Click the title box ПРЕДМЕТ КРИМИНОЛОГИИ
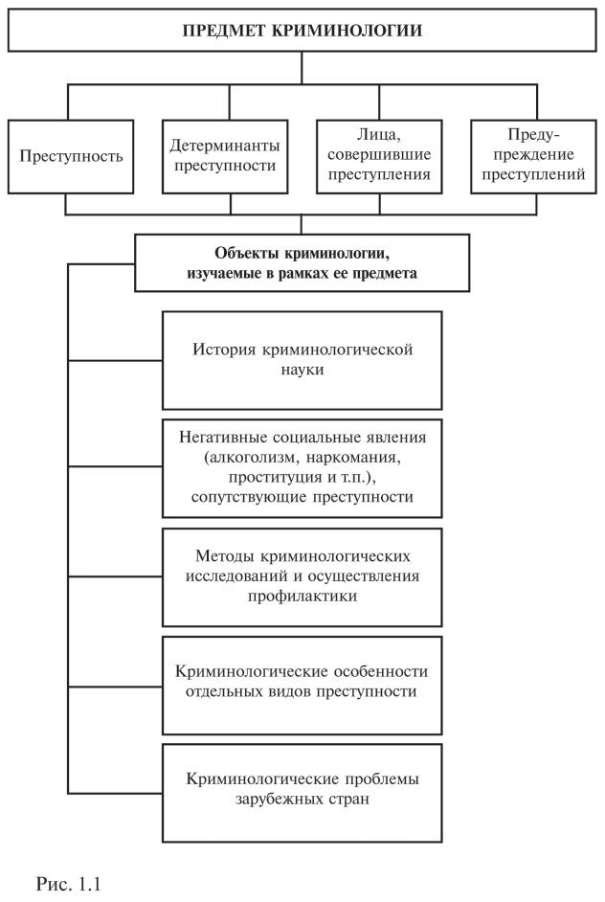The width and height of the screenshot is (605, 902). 302,30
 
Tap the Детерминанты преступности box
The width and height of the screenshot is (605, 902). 223,156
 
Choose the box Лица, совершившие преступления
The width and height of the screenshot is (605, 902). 380,156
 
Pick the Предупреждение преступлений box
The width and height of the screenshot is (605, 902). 532,156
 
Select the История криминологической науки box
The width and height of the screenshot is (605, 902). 302,360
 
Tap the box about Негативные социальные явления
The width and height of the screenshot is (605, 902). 302,466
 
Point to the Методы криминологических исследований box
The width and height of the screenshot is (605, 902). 302,575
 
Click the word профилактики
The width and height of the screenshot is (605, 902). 302,594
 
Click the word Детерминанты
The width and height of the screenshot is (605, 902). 223,147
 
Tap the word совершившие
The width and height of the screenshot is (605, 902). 380,156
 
